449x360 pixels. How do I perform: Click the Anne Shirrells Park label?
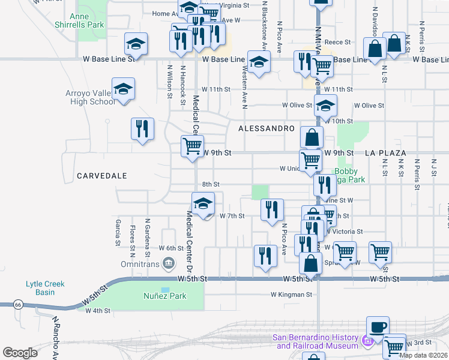87,20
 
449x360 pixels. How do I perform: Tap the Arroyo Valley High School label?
90,97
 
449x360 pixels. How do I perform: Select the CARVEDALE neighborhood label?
101,176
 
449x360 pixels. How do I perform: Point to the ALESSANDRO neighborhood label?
267,129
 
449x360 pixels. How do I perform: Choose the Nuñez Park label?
165,296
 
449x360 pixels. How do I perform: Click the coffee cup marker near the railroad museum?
378,328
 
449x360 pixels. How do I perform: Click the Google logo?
20,353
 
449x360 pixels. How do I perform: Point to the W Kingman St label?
291,295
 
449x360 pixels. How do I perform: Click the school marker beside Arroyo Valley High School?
123,89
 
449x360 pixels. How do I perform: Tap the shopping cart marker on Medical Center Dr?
192,146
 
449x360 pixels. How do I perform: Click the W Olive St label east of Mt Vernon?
369,106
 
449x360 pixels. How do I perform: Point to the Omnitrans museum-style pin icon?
169,262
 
